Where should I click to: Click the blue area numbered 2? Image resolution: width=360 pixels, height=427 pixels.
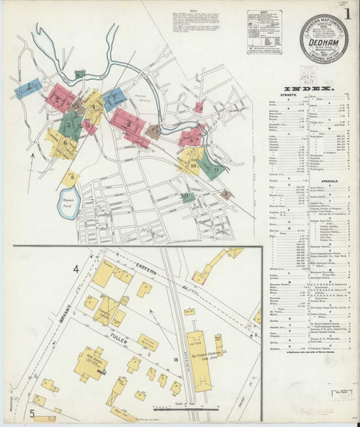click(x=28, y=88)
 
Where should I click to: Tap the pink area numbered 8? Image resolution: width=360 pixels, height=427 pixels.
click(x=128, y=124)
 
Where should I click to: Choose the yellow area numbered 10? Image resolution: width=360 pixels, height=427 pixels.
click(x=192, y=166)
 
